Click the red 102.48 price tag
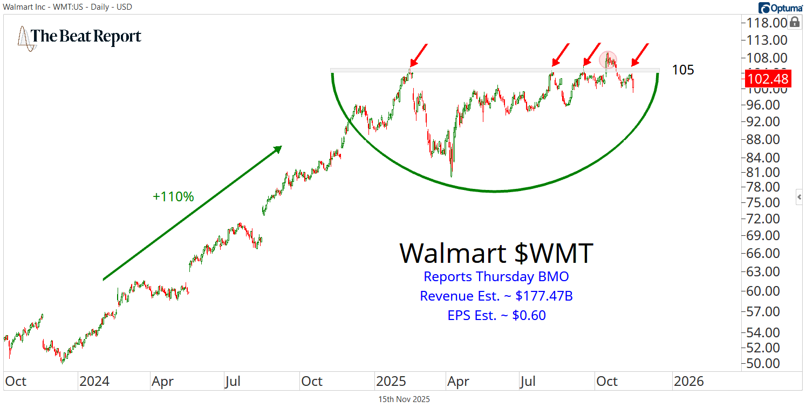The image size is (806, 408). (768, 79)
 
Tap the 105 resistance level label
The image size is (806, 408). (683, 70)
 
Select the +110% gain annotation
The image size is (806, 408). (173, 197)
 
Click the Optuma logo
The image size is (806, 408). (780, 8)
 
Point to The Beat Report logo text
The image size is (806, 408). (86, 37)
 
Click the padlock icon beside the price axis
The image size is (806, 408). (794, 22)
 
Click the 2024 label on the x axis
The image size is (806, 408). (94, 381)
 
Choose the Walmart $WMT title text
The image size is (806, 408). (496, 253)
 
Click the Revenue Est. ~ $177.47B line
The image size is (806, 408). (496, 296)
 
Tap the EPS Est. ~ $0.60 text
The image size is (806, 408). (496, 315)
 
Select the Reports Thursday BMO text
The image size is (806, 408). (496, 277)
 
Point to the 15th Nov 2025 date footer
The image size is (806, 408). (404, 399)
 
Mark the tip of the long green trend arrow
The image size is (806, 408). (282, 147)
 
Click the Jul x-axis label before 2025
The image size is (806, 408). (232, 381)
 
